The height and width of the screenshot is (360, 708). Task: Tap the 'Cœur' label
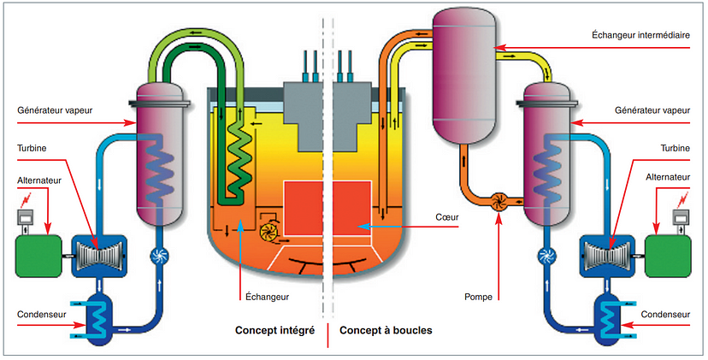point(446,217)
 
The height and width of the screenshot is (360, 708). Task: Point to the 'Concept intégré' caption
point(274,329)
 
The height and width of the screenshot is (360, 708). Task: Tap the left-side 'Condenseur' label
point(42,314)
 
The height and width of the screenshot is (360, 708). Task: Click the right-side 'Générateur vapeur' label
point(652,110)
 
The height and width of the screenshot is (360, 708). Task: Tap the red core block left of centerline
point(304,209)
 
